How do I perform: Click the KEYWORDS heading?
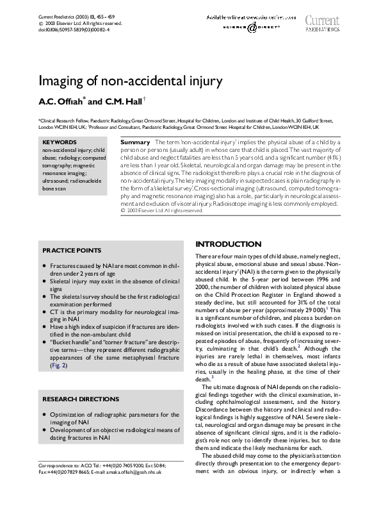59,142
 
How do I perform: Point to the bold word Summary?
135,141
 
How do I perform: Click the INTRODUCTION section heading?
228,244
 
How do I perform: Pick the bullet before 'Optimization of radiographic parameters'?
44,415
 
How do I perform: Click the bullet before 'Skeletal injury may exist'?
44,281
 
